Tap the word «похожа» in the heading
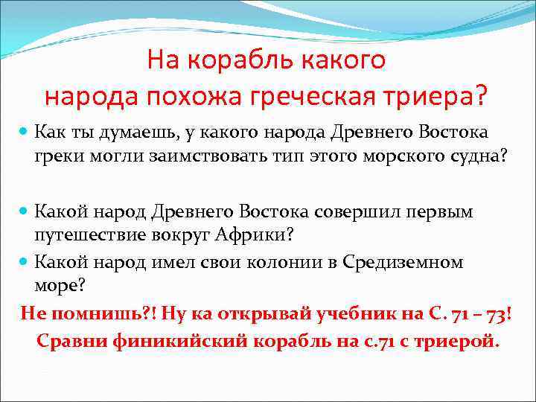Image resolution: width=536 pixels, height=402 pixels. point(226,96)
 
